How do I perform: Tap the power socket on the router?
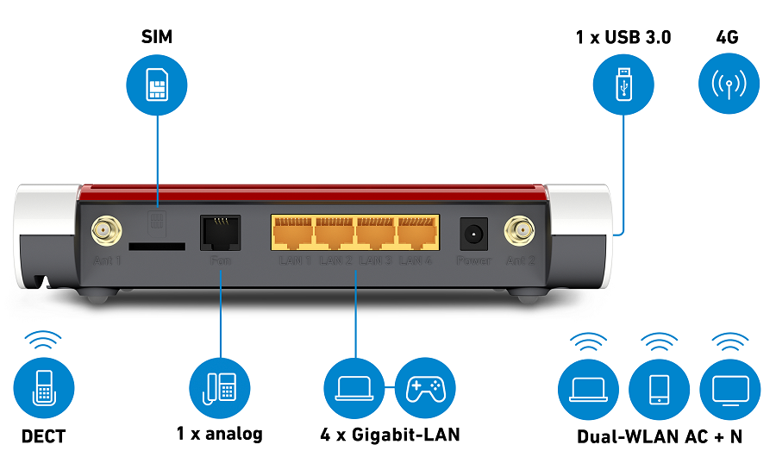click(473, 233)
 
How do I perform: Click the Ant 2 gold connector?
click(521, 230)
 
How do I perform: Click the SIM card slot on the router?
click(160, 247)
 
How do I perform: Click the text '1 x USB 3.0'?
click(623, 38)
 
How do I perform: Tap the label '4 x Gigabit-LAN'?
click(390, 435)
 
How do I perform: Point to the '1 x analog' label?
click(220, 434)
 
